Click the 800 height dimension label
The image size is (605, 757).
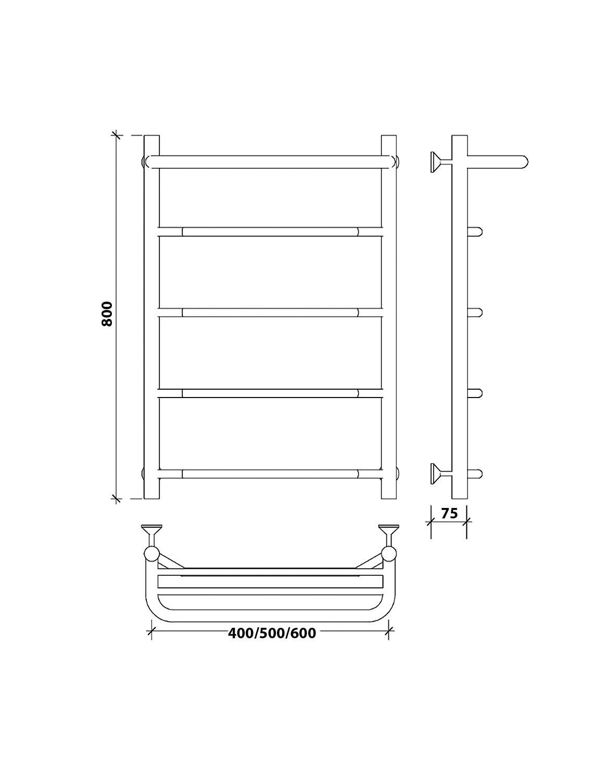[x=107, y=314]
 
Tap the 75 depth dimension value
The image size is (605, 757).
[x=449, y=514]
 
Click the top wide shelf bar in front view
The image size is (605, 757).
[x=270, y=162]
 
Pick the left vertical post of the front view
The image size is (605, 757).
[x=152, y=317]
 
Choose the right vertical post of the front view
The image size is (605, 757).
[x=389, y=317]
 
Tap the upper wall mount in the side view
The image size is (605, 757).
[x=441, y=162]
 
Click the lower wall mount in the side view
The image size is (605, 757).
[x=441, y=474]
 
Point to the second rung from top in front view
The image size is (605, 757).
[x=270, y=231]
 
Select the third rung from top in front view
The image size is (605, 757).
[x=270, y=313]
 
